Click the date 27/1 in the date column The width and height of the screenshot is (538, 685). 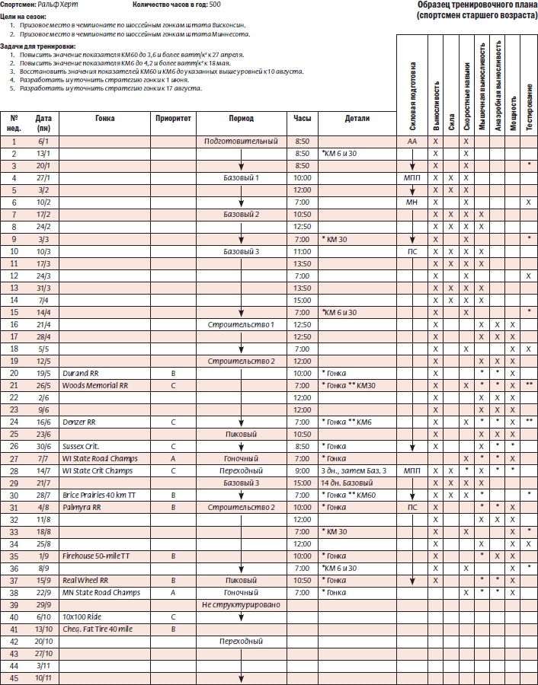(x=43, y=177)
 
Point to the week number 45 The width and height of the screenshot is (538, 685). (x=14, y=678)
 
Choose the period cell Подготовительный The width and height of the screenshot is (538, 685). (x=241, y=142)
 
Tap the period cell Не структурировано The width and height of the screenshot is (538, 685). (x=241, y=604)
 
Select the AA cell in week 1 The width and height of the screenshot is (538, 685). (x=412, y=142)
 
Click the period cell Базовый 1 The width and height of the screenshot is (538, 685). (x=241, y=177)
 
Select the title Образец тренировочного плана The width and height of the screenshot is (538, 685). (x=478, y=5)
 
